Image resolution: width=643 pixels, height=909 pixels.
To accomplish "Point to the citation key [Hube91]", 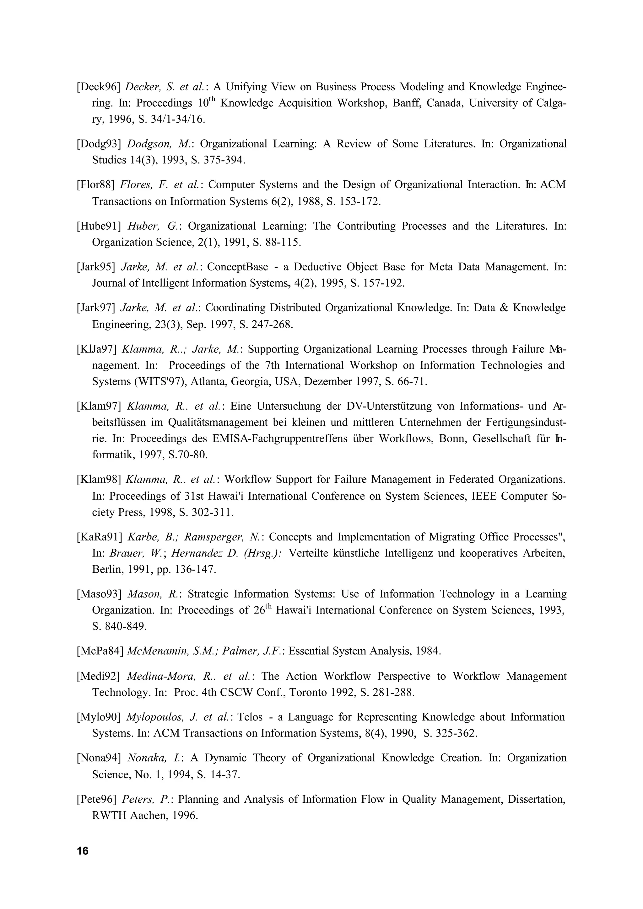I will [99, 226].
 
